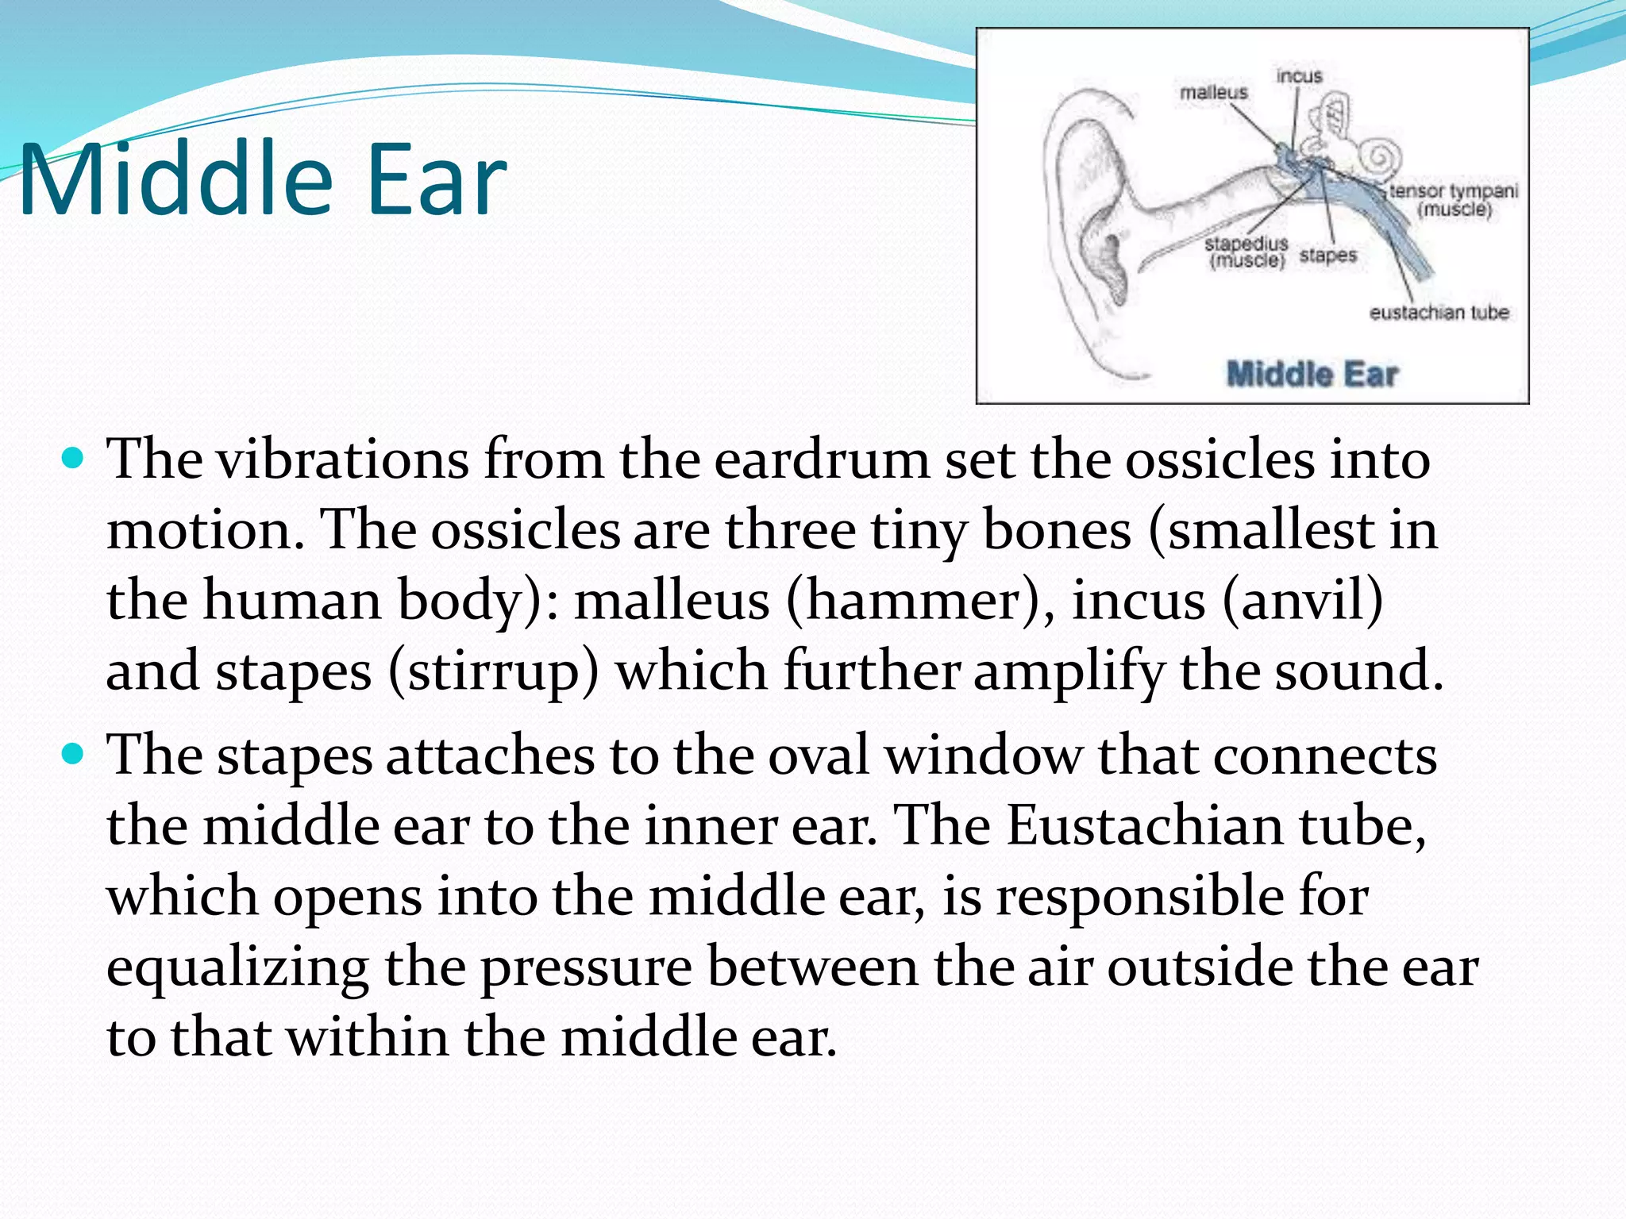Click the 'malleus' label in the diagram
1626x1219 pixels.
[1213, 93]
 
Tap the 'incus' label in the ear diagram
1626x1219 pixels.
[1299, 76]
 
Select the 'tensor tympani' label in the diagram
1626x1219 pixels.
[1453, 191]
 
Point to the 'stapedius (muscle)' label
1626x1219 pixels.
[1246, 252]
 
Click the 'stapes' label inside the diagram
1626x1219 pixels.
[1327, 256]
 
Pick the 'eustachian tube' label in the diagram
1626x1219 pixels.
[1439, 313]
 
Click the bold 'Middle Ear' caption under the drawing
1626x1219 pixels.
[1312, 374]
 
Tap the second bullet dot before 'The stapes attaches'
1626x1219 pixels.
[72, 754]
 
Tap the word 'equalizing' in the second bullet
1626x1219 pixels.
[237, 968]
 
